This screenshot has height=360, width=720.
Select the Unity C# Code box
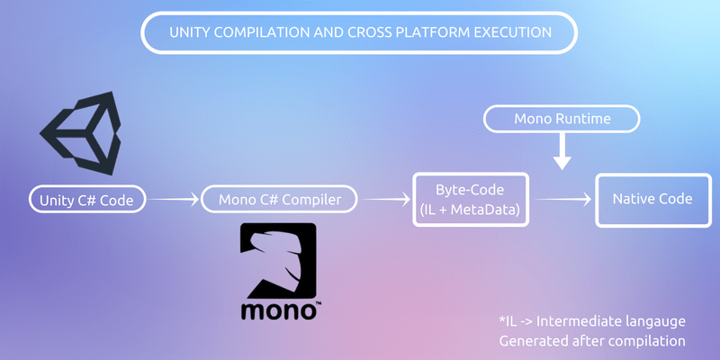click(86, 200)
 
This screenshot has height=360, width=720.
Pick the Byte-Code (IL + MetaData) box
click(472, 199)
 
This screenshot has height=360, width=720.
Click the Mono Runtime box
click(562, 119)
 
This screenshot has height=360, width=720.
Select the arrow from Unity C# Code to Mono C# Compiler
click(174, 200)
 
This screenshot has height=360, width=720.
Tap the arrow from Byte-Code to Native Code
click(562, 200)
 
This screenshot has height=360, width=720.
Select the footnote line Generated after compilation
click(591, 341)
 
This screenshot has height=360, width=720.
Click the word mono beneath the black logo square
click(278, 309)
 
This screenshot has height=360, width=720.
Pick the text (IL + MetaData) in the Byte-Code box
click(472, 210)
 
